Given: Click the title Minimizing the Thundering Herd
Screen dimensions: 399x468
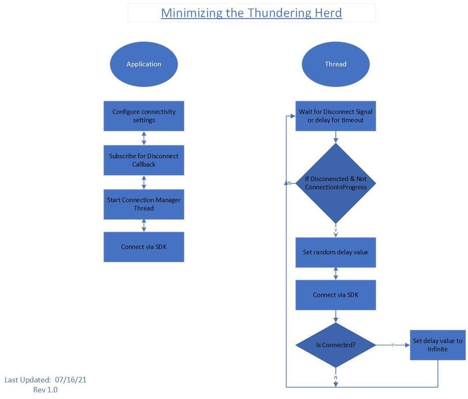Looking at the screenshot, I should click(x=252, y=13).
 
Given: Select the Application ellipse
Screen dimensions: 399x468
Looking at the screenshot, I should click(x=144, y=64).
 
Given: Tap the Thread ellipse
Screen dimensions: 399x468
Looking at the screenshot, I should click(x=335, y=64).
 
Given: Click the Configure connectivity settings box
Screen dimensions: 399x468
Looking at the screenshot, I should click(x=144, y=116).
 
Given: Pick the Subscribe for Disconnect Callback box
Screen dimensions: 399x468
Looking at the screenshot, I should click(x=144, y=160).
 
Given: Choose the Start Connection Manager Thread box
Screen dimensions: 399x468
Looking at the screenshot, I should click(x=144, y=204).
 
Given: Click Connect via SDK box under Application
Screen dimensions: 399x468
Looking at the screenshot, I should click(x=144, y=247).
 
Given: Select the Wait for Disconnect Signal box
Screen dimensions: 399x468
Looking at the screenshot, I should click(x=335, y=116).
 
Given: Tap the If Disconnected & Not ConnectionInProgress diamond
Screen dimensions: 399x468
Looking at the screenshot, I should click(x=335, y=183).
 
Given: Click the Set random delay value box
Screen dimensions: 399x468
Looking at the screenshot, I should click(x=335, y=252).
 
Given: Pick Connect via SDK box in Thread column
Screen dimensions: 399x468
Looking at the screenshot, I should click(x=335, y=295).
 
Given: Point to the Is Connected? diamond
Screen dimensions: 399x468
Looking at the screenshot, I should click(x=335, y=345).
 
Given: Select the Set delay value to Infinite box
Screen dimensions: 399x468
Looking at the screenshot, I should click(x=438, y=345).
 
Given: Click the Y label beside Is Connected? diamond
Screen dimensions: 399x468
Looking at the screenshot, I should click(x=393, y=345).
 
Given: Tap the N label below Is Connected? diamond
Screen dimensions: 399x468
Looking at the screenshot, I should click(x=336, y=377).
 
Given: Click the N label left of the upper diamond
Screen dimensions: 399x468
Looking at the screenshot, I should click(x=290, y=183).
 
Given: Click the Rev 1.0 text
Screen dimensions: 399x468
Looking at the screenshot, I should click(x=45, y=390).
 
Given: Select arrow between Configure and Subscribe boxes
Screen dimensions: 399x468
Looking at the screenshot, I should click(x=144, y=138).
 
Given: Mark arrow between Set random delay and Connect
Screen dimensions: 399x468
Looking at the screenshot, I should click(x=335, y=273).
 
